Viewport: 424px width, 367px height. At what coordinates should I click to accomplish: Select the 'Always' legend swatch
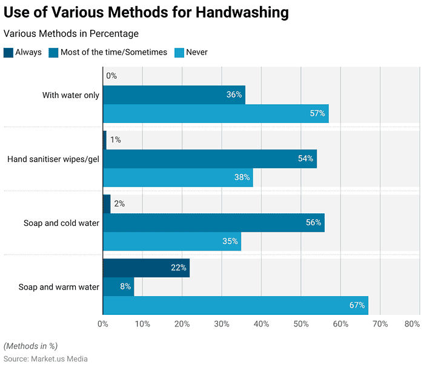[x=8, y=52]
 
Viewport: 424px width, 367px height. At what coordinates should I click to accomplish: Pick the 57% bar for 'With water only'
[x=216, y=113]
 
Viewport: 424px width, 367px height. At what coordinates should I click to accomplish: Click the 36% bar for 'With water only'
[x=174, y=94]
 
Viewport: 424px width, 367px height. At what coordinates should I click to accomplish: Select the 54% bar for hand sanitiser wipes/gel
[x=210, y=159]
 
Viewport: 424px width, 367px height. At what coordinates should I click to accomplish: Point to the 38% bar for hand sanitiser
[x=177, y=177]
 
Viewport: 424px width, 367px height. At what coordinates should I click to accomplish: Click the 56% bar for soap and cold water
[x=213, y=222]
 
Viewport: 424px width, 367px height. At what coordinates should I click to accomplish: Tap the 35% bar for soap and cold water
[x=172, y=241]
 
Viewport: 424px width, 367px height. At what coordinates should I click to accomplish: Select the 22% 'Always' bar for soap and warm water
[x=146, y=268]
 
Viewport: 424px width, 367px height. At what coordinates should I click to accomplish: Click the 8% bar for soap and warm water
[x=118, y=286]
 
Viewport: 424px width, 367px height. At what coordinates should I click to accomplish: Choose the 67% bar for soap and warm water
[x=235, y=305]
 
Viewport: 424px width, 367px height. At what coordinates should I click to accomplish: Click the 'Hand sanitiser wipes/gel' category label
[x=53, y=159]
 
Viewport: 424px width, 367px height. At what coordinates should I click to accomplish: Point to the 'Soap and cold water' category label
[x=61, y=223]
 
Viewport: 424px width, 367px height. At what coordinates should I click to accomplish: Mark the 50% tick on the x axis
[x=301, y=324]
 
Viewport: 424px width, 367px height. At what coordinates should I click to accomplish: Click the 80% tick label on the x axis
[x=411, y=324]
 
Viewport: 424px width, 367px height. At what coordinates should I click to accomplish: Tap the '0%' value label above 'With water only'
[x=111, y=76]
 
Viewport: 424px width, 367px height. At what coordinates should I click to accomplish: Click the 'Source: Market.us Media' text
[x=45, y=359]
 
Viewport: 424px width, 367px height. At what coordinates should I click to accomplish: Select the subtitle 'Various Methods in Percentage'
[x=71, y=34]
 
